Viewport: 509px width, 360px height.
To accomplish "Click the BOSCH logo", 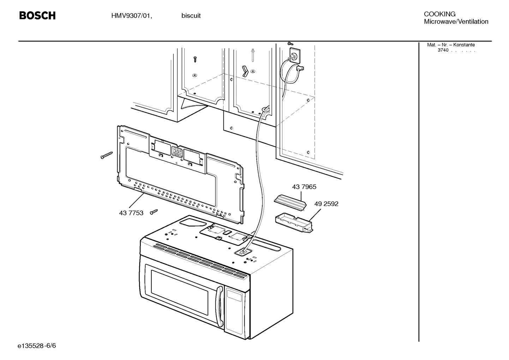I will pos(37,16).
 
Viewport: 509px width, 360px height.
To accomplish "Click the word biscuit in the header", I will pos(191,16).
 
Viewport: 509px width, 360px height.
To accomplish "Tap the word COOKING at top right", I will pos(439,14).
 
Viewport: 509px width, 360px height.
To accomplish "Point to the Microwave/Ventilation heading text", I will pos(456,22).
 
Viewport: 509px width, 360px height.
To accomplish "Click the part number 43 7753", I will pos(131,213).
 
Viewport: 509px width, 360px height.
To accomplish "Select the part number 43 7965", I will pos(304,187).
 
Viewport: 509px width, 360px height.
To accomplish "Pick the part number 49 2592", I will pos(326,204).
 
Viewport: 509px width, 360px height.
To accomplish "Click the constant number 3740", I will pos(443,50).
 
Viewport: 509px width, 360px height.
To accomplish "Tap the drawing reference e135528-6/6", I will pos(37,346).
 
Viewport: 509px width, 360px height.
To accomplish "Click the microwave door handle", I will pos(219,306).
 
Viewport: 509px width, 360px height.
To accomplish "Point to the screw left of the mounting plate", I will pos(106,155).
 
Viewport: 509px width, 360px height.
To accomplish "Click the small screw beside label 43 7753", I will pos(154,212).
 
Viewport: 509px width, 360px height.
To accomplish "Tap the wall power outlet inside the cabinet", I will pos(293,54).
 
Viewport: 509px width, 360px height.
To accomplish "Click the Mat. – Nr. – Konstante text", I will pos(451,45).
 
